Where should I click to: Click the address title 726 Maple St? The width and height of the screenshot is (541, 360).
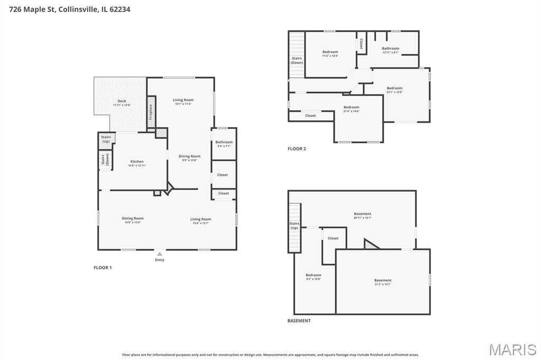(x=66, y=9)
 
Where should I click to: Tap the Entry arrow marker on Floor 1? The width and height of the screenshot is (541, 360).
(x=160, y=254)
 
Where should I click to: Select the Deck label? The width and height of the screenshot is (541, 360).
(x=122, y=101)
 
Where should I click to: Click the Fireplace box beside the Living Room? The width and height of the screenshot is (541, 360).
(x=151, y=111)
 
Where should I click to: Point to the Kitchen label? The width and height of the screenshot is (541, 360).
(x=137, y=162)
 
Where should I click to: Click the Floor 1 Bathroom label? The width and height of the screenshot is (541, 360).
(x=224, y=142)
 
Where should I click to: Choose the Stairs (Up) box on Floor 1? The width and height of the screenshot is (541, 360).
(x=106, y=139)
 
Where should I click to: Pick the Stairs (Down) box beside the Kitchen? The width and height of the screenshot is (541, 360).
(x=105, y=159)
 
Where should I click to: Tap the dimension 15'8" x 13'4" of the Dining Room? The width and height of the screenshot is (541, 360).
(x=133, y=222)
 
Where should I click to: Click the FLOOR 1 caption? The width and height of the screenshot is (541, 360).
(x=102, y=268)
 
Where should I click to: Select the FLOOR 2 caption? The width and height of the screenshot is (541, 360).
(x=296, y=149)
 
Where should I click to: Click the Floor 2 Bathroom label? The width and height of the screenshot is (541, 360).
(x=390, y=49)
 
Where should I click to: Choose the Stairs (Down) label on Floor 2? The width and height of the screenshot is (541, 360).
(x=296, y=60)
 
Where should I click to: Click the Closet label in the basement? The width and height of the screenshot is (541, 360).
(x=333, y=238)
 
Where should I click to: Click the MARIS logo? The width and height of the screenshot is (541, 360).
(x=512, y=349)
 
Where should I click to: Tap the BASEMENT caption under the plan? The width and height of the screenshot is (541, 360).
(x=299, y=320)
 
